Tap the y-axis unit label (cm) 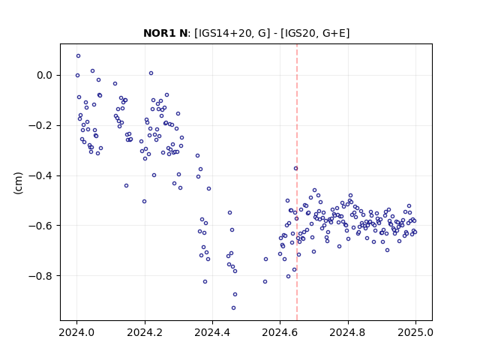18,183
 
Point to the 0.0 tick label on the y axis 45,75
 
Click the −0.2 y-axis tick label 40,125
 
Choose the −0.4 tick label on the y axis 40,175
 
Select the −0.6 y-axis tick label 40,226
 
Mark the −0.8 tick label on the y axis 40,276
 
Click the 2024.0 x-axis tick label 76,332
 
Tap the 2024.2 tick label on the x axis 145,332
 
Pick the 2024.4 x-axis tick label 212,332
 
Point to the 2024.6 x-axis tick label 280,332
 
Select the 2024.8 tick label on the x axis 348,332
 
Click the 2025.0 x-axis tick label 415,332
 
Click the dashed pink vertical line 297,182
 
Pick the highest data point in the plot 78,56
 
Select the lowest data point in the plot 233,308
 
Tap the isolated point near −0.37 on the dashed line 295,168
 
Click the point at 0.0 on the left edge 77,75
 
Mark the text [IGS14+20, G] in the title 232,33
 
